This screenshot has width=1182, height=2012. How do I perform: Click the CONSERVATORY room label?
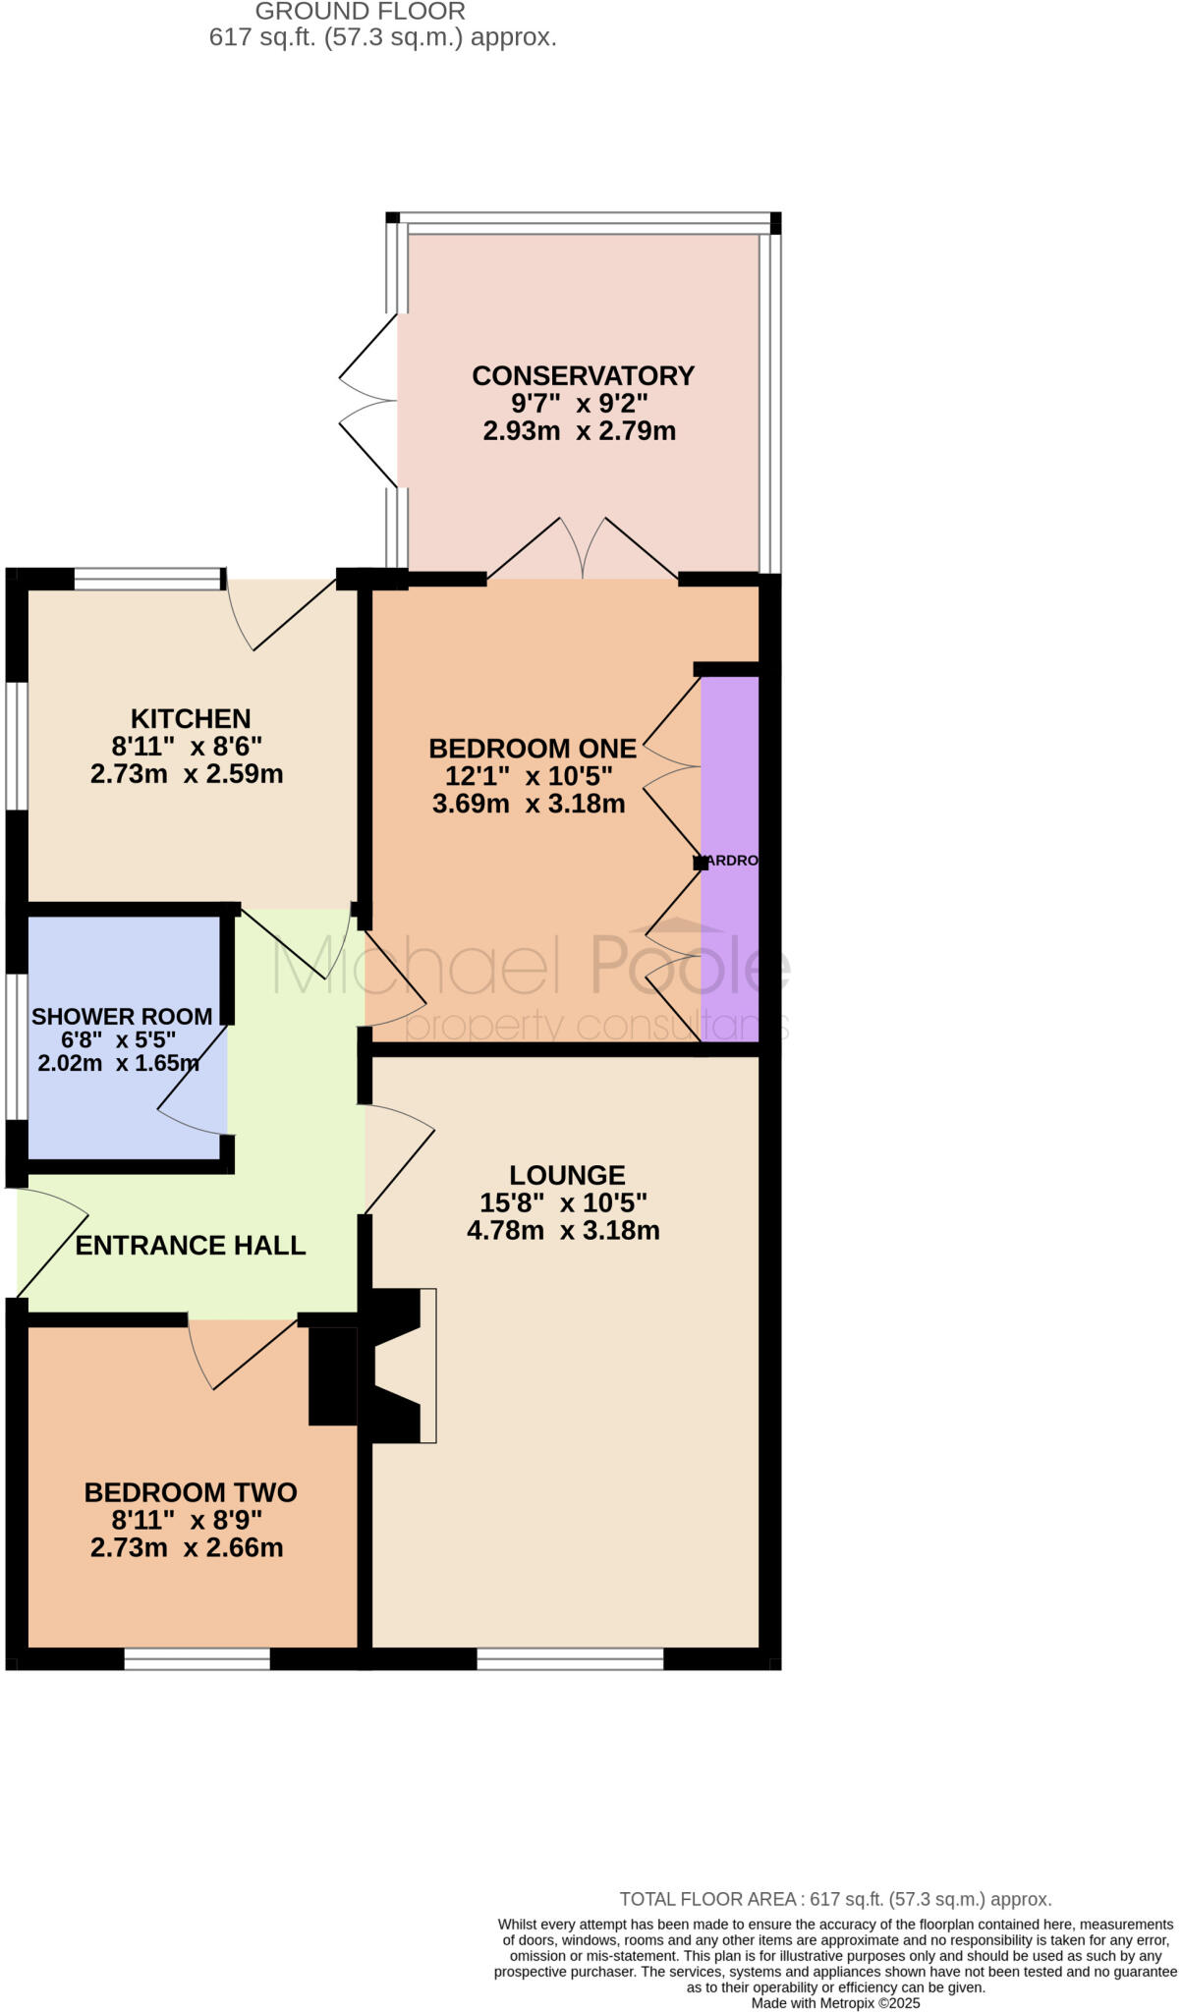coord(583,375)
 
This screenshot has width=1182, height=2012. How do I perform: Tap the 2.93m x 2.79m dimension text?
coord(579,430)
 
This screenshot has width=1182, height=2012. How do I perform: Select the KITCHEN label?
coord(191,718)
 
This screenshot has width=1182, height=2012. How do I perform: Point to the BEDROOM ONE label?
coord(533,749)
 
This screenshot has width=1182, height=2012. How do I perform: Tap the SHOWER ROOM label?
coord(122,1017)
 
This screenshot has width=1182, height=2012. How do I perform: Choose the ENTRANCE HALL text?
coord(191,1246)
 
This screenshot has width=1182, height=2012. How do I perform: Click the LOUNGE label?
coord(567,1175)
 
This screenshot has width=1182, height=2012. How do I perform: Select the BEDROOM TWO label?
coord(191,1493)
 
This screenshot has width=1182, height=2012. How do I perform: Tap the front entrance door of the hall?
coord(49,1243)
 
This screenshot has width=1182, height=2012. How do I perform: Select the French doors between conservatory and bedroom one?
coord(583,550)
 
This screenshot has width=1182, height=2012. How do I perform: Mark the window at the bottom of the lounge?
coord(570,1659)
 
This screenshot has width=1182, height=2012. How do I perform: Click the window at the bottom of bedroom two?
coord(197,1659)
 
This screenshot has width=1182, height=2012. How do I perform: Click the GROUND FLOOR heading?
coord(361,12)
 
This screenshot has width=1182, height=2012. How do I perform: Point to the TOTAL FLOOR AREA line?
coord(835,1899)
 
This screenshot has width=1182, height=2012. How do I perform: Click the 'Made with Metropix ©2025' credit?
coord(835,2002)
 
